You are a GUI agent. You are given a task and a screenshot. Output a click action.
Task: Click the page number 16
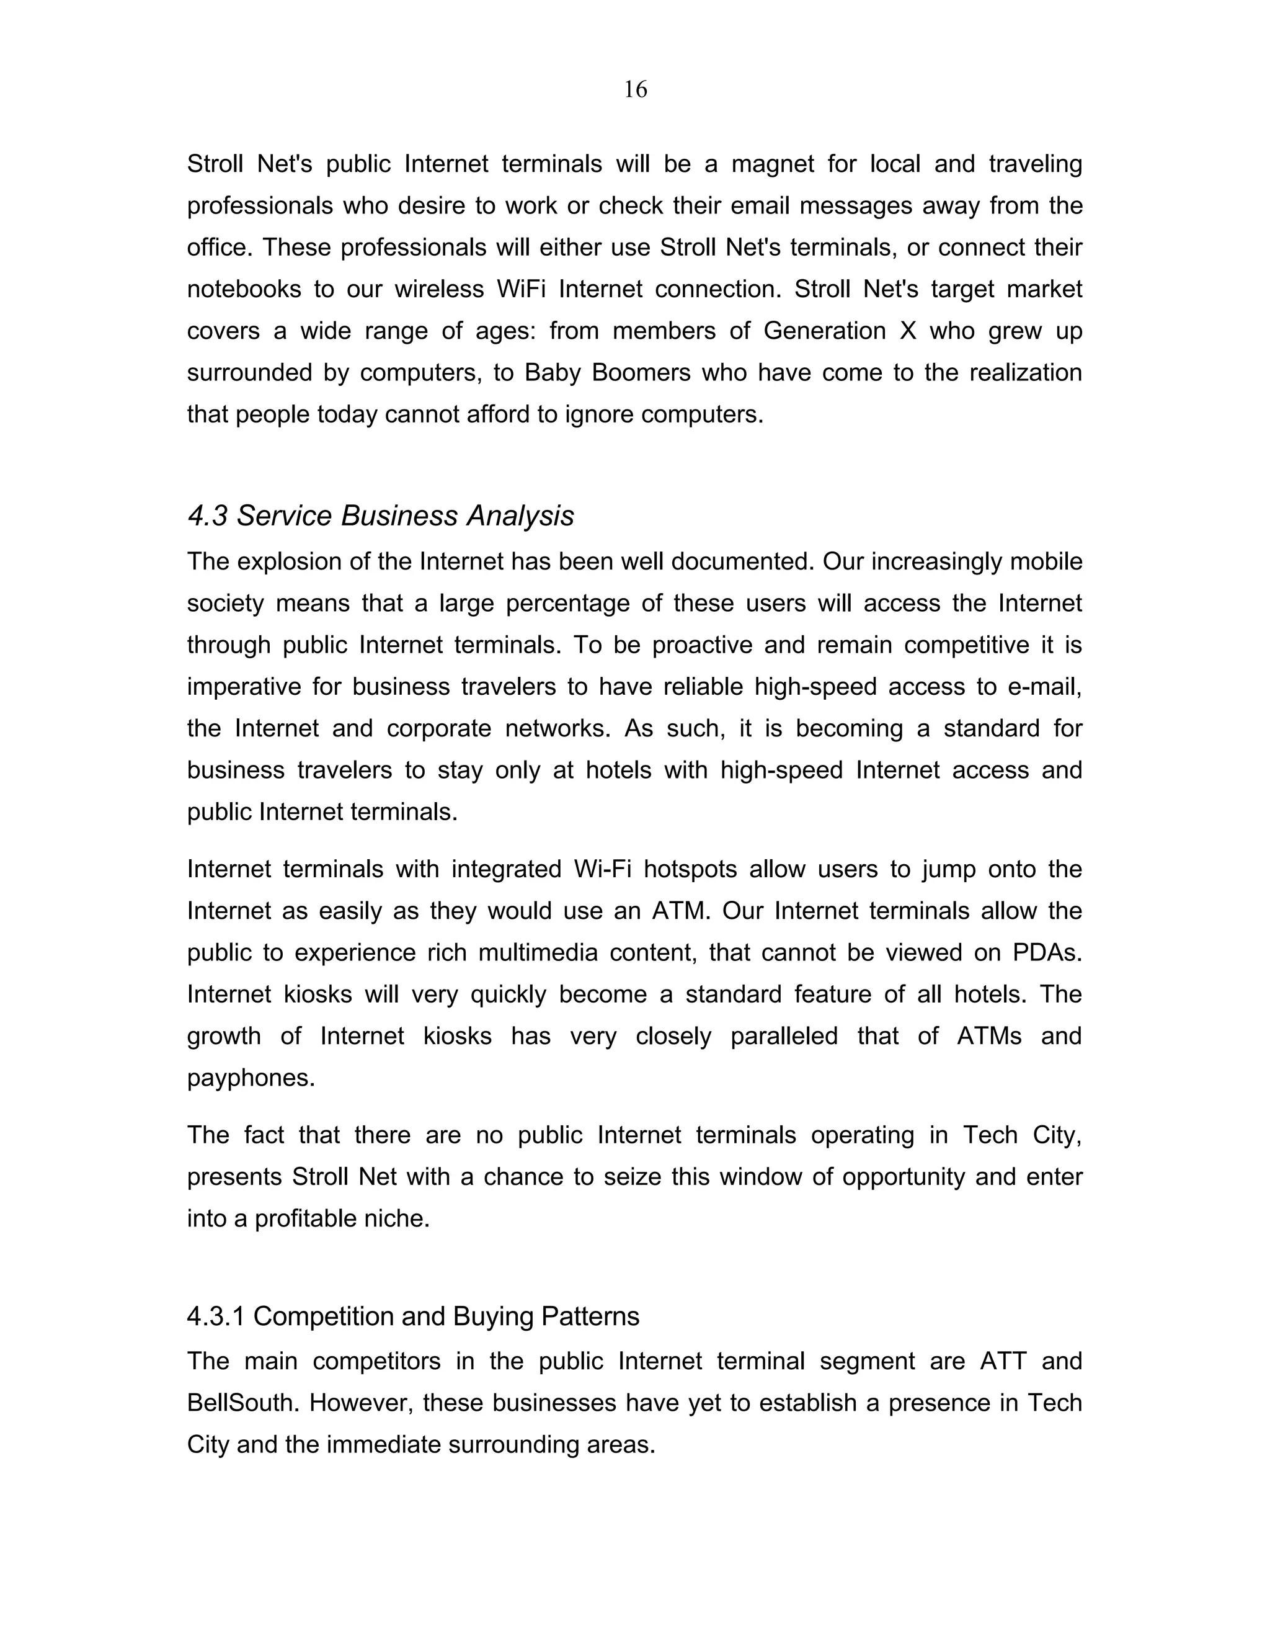(635, 89)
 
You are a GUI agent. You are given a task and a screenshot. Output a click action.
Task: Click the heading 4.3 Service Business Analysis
(380, 516)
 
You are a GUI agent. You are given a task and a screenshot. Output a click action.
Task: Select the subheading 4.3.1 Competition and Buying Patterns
(413, 1316)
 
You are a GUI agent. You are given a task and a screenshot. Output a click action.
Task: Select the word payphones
(251, 1078)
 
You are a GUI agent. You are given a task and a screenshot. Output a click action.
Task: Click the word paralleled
(784, 1036)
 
